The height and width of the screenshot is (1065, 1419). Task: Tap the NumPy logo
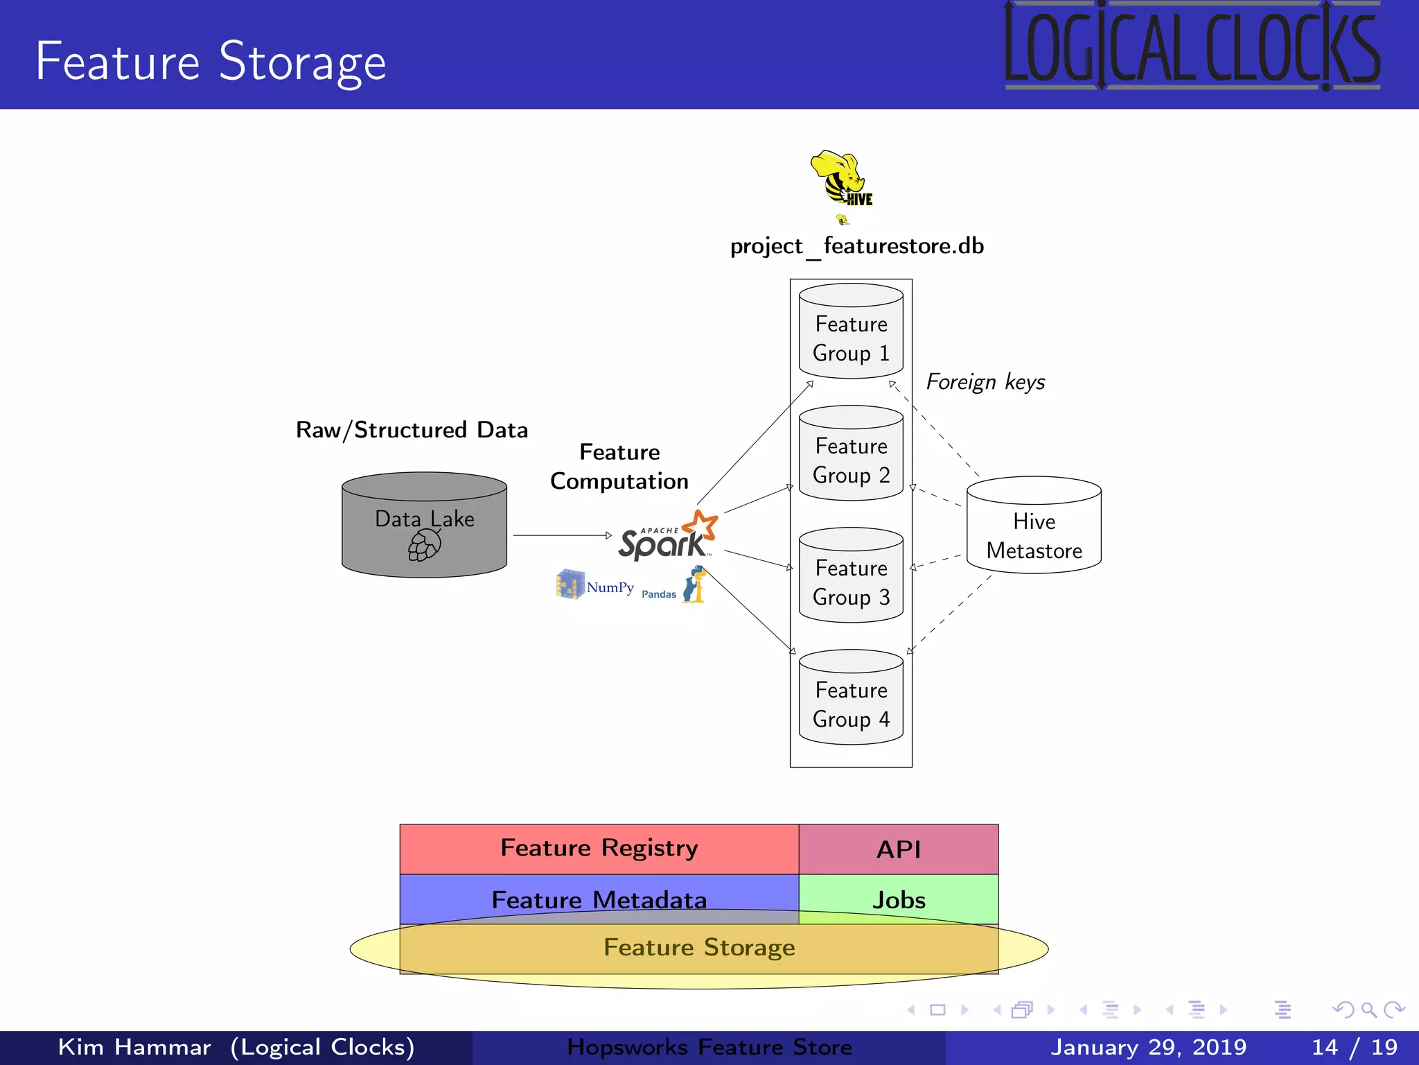(x=595, y=585)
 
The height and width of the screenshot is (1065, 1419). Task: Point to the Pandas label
(x=658, y=594)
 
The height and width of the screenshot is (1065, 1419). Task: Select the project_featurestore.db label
(x=857, y=246)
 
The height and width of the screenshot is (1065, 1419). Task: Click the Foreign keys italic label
(x=985, y=382)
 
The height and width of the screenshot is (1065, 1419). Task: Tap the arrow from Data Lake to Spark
(x=561, y=535)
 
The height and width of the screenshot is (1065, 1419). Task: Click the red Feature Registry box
(x=599, y=849)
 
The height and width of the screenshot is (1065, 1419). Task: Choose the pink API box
(x=899, y=849)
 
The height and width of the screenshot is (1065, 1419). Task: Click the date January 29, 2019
(x=1148, y=1047)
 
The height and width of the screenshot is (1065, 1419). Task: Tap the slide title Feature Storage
(x=211, y=62)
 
